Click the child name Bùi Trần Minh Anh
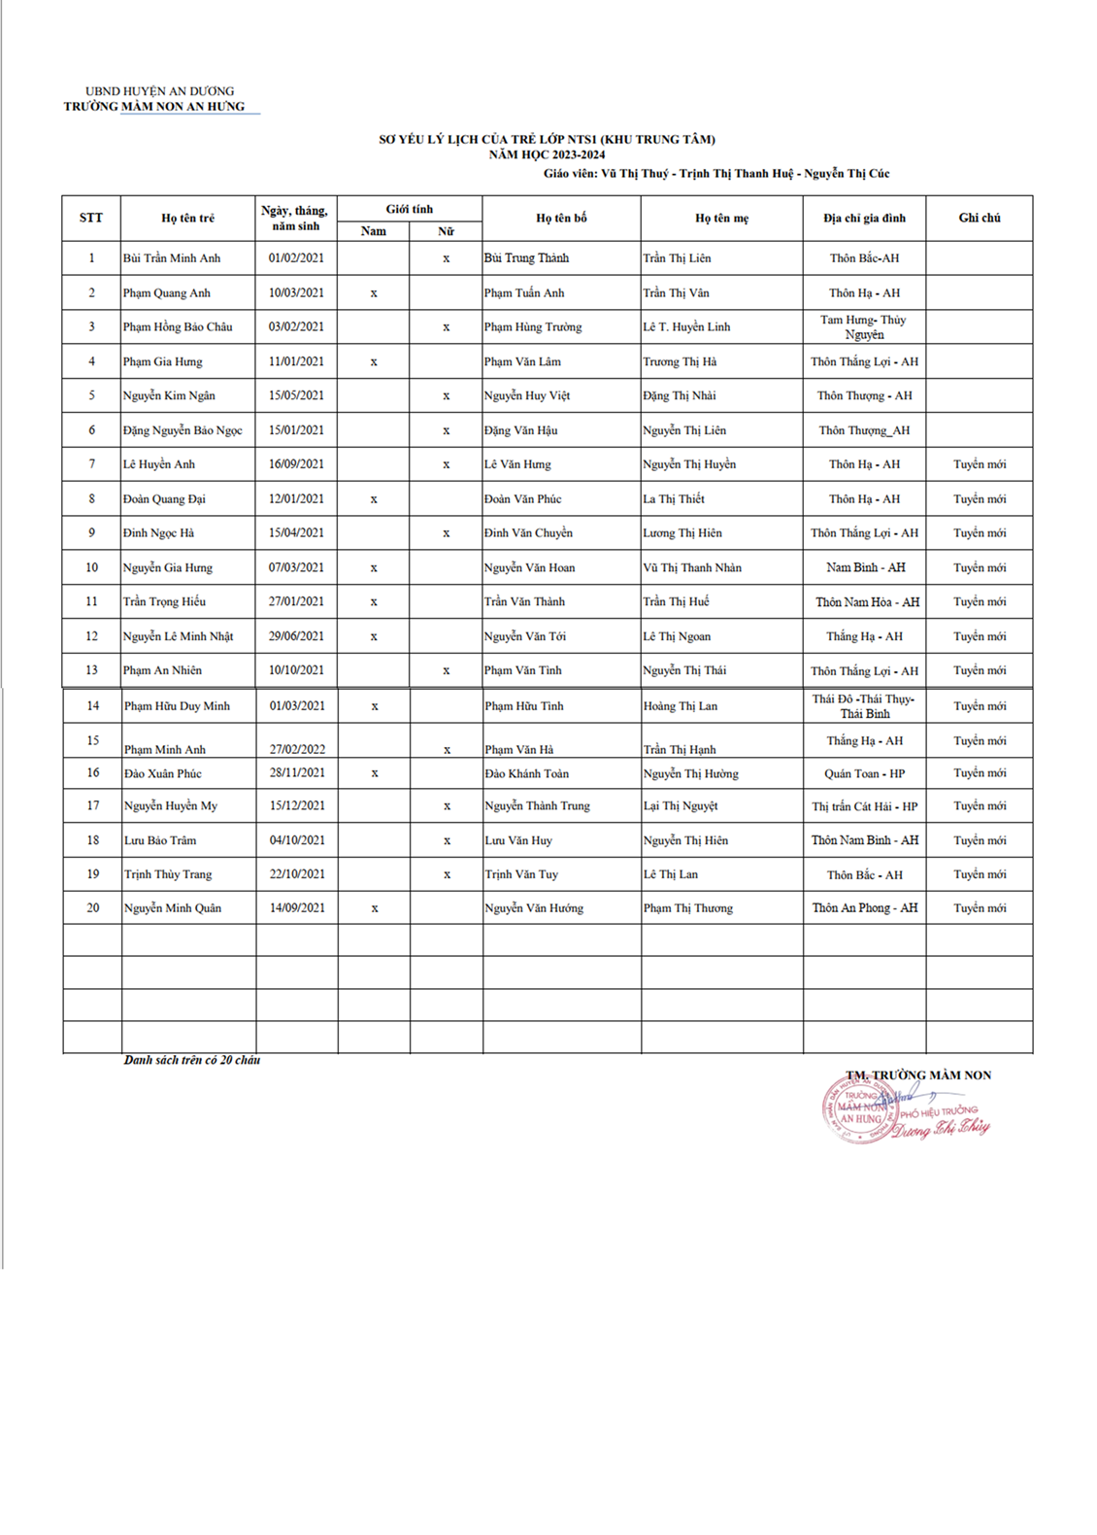pyautogui.click(x=172, y=258)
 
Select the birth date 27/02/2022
pyautogui.click(x=297, y=749)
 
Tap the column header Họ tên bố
pyautogui.click(x=561, y=219)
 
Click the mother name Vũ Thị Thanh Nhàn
pyautogui.click(x=691, y=567)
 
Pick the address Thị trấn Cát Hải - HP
pyautogui.click(x=864, y=806)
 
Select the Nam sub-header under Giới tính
pyautogui.click(x=374, y=231)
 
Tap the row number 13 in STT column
pyautogui.click(x=92, y=670)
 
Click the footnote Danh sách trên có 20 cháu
pyautogui.click(x=192, y=1060)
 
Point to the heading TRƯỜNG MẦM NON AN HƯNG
pyautogui.click(x=154, y=107)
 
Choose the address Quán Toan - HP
pyautogui.click(x=864, y=773)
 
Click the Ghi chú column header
pyautogui.click(x=980, y=219)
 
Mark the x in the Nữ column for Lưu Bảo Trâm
pyautogui.click(x=447, y=840)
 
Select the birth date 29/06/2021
pyautogui.click(x=297, y=636)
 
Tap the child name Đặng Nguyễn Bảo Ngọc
pyautogui.click(x=183, y=430)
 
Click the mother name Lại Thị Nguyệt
pyautogui.click(x=681, y=806)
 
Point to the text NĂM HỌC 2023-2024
pyautogui.click(x=547, y=154)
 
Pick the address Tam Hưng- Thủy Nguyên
pyautogui.click(x=863, y=327)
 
